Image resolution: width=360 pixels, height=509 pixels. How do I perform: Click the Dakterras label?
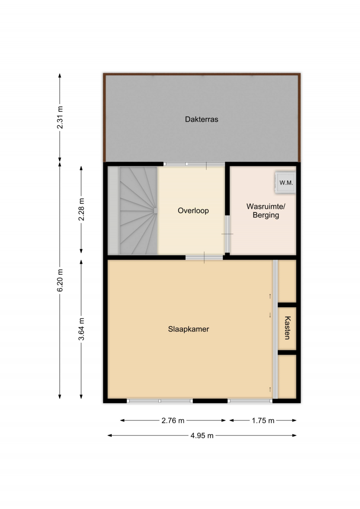[201, 119]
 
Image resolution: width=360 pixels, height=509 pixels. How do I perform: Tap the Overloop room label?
[193, 211]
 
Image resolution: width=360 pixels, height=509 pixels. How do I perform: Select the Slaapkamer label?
[189, 329]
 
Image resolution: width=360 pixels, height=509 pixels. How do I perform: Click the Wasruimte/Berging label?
[266, 211]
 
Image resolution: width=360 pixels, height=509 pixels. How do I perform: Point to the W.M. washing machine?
[286, 183]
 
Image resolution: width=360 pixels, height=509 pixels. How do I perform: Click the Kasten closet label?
[288, 328]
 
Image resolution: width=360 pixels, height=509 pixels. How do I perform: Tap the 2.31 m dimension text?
[60, 117]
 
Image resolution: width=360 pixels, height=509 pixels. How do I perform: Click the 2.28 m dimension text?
[81, 209]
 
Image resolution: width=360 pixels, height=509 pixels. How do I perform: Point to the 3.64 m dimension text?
[81, 329]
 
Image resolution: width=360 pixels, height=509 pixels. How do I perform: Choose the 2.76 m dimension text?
[173, 421]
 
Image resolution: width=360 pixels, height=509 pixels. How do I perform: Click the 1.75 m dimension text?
[263, 421]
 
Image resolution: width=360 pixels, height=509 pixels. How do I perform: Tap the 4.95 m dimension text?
[202, 435]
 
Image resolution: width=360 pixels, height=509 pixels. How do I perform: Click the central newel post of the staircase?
[156, 211]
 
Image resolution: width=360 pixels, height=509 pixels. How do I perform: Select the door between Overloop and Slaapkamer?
[204, 257]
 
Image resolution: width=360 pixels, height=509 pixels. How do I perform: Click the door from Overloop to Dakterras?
[194, 164]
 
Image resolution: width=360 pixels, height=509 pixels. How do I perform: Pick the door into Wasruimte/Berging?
[227, 234]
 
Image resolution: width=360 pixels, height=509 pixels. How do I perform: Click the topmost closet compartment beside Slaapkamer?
[287, 281]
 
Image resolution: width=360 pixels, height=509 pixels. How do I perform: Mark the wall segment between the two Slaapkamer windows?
[210, 401]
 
